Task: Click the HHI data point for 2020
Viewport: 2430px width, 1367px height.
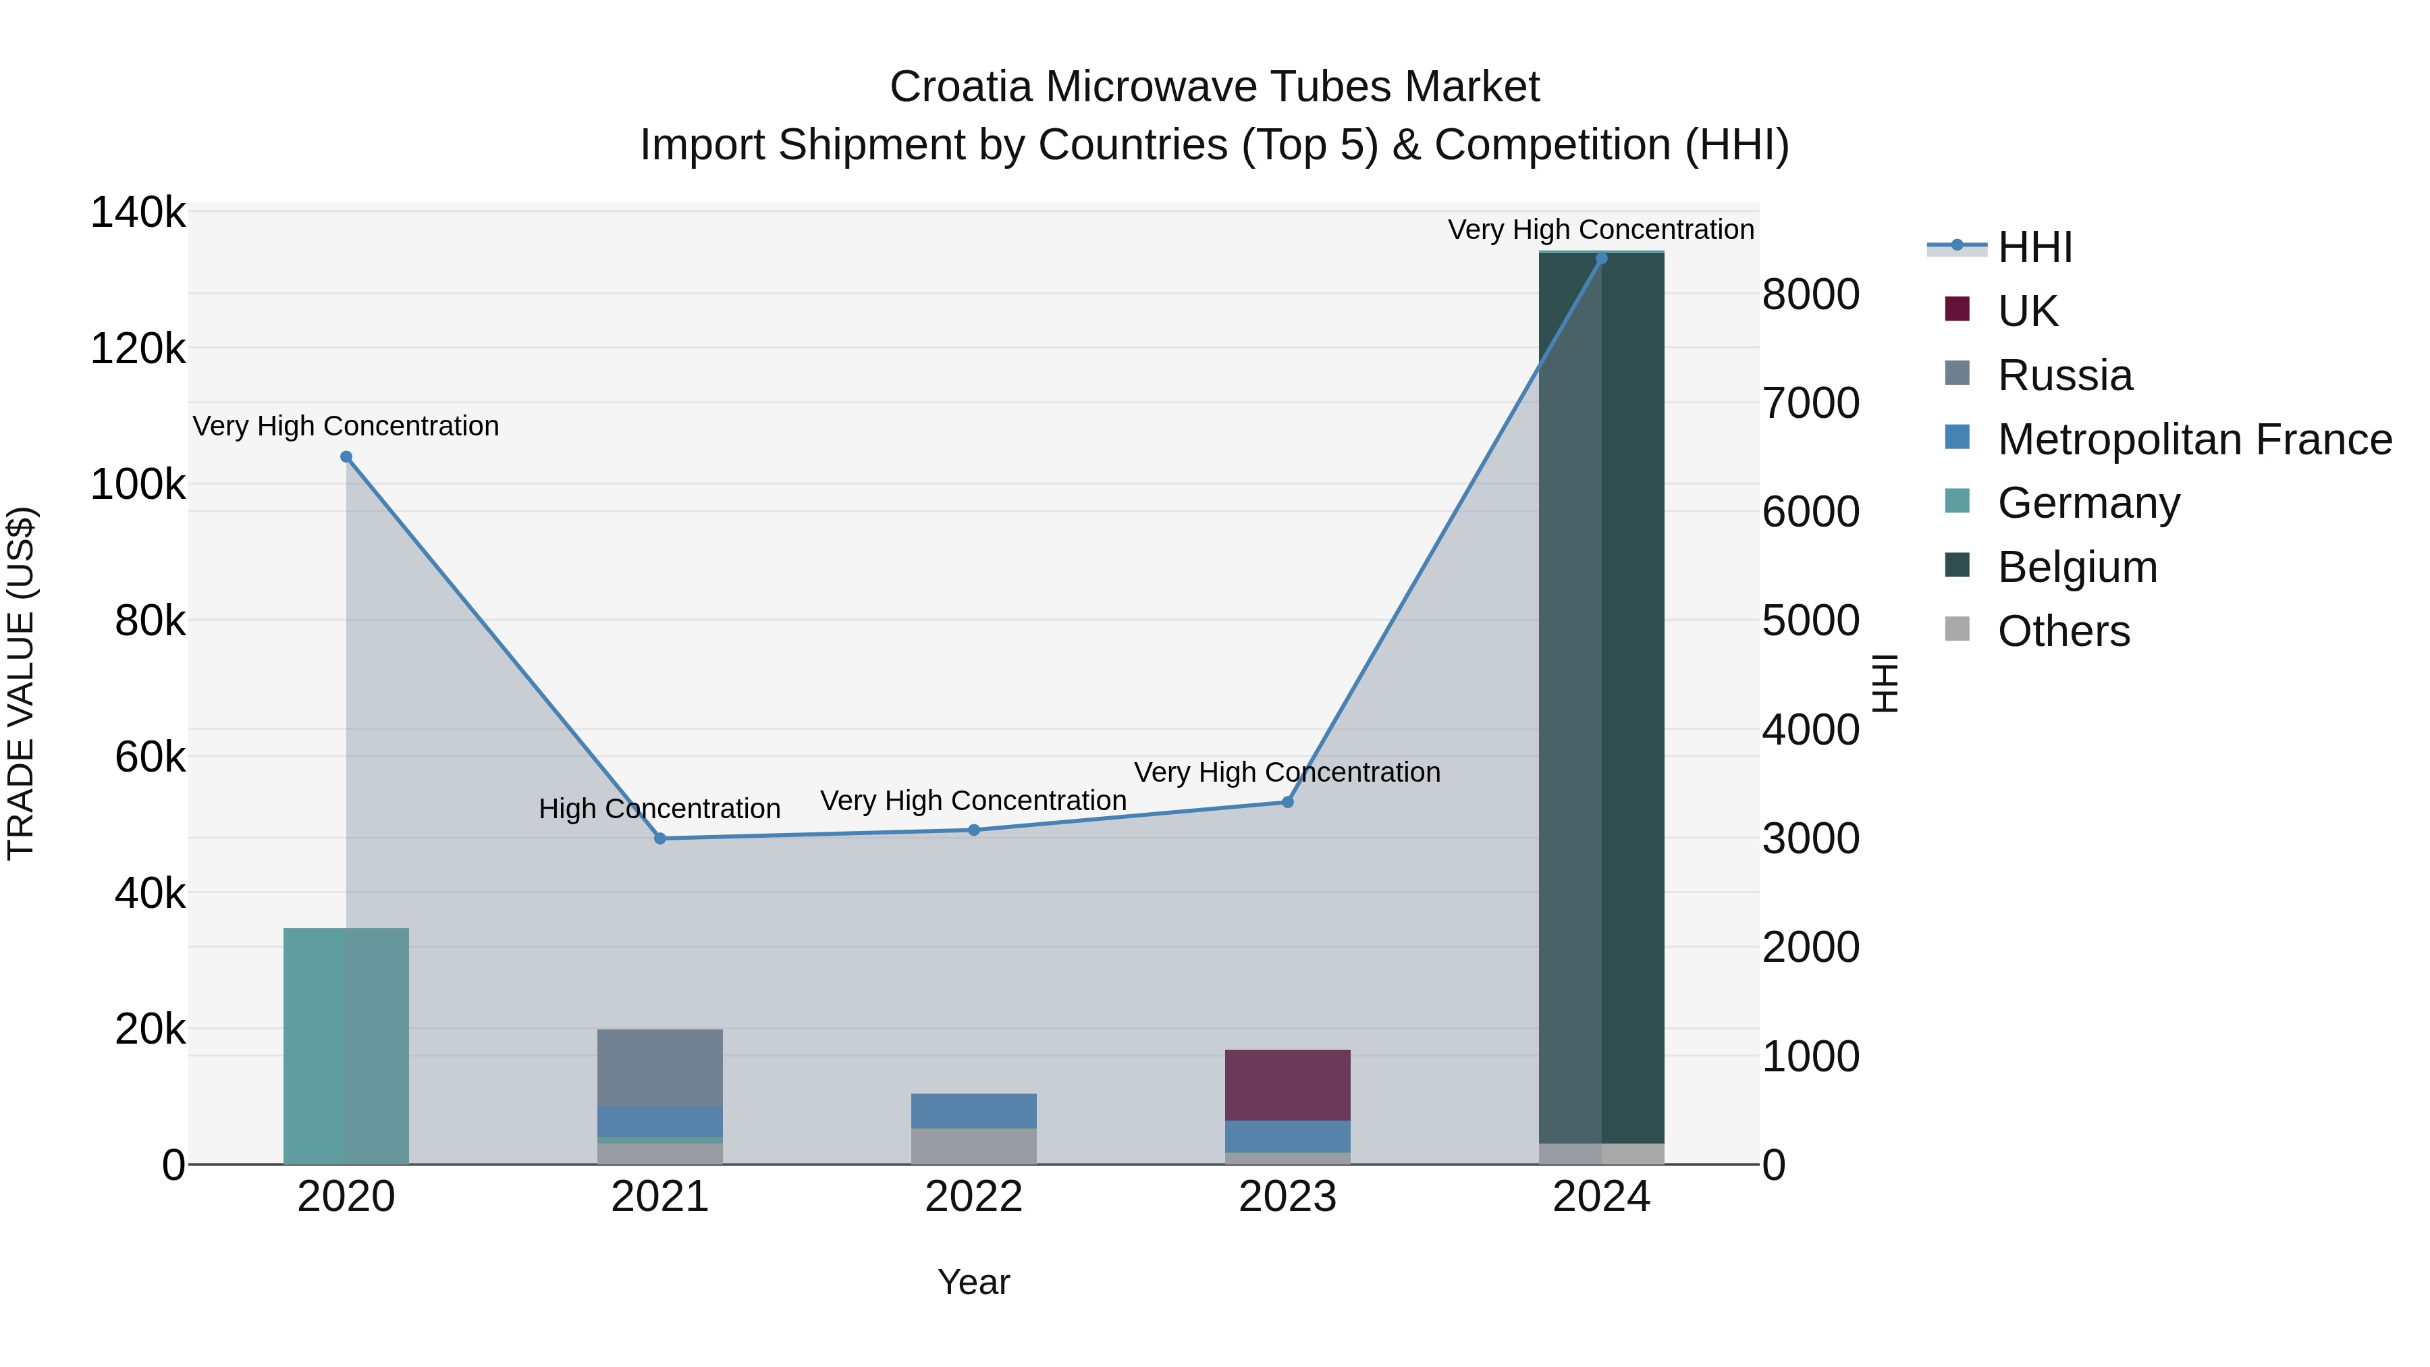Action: tap(346, 456)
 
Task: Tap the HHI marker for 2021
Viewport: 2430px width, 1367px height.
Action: tap(660, 838)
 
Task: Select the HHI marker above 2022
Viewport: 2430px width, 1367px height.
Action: tap(975, 830)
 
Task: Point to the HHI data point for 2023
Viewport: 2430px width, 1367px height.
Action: tap(1288, 802)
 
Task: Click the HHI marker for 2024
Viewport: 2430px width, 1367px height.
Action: tap(1602, 259)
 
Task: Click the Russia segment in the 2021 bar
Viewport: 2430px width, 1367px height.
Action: tap(660, 1068)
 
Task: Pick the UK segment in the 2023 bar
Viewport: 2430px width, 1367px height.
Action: tap(1288, 1085)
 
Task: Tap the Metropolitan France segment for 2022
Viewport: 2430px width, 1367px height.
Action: tap(975, 1110)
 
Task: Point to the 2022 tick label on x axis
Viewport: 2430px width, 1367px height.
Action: tap(975, 1197)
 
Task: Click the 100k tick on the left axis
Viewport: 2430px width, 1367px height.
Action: tap(138, 485)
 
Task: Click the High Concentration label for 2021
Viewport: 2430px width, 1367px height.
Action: tap(659, 809)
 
